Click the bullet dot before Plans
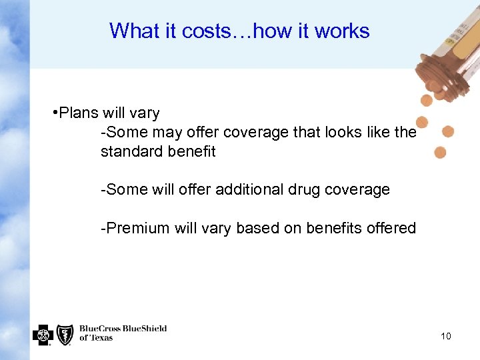click(x=54, y=113)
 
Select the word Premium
click(x=137, y=228)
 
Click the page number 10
click(x=446, y=336)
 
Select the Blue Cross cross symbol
click(x=43, y=335)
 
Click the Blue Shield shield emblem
click(x=65, y=335)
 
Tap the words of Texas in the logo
click(x=96, y=338)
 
